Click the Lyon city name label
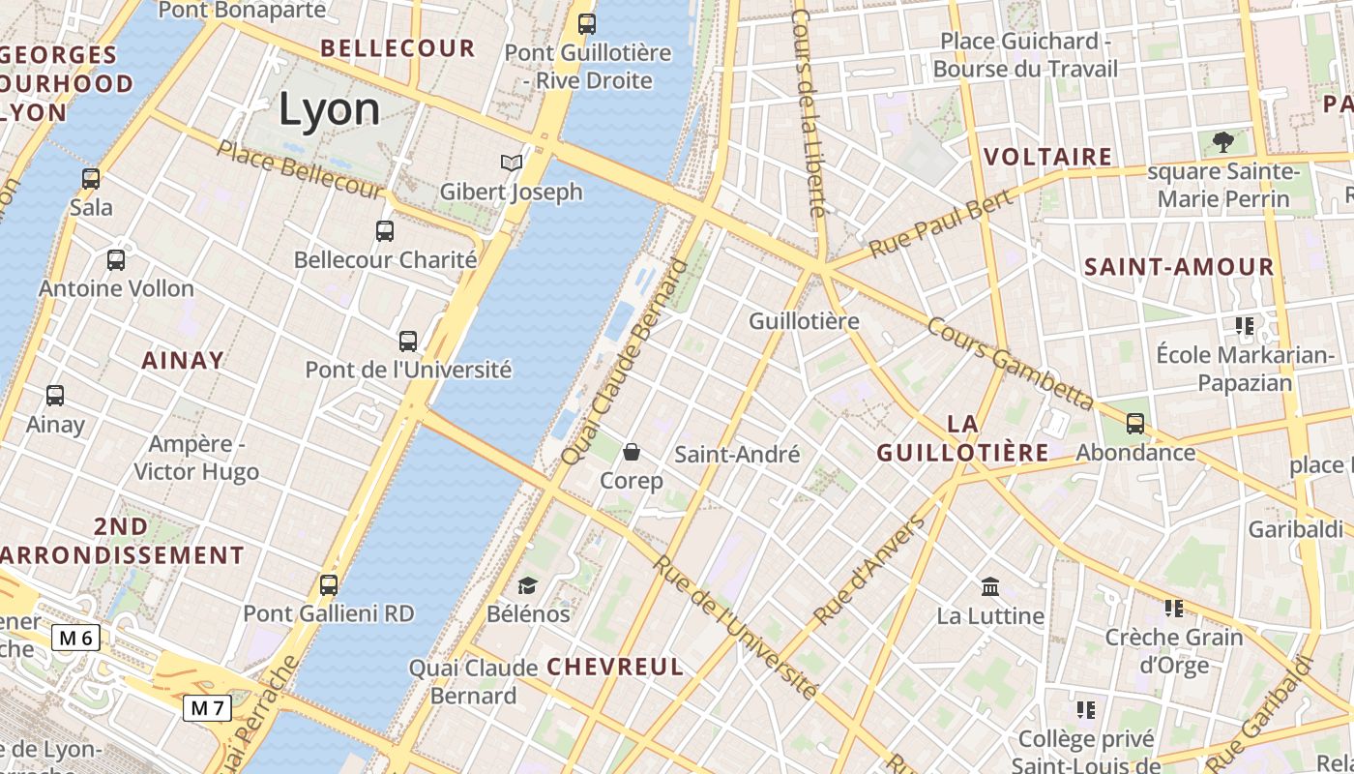pyautogui.click(x=330, y=109)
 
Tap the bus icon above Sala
pyautogui.click(x=91, y=179)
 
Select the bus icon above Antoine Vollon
pyautogui.click(x=116, y=260)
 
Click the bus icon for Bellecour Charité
pyautogui.click(x=385, y=231)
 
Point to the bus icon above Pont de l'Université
pyautogui.click(x=408, y=342)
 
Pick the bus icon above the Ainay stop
pyautogui.click(x=55, y=396)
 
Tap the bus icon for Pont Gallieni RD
pyautogui.click(x=329, y=585)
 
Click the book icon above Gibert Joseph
pyautogui.click(x=511, y=164)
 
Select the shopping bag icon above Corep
pyautogui.click(x=632, y=452)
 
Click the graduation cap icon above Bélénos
pyautogui.click(x=527, y=585)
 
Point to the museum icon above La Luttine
pyautogui.click(x=990, y=587)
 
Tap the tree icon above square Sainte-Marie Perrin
pyautogui.click(x=1223, y=143)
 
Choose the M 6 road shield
pyautogui.click(x=76, y=638)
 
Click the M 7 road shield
pyautogui.click(x=208, y=708)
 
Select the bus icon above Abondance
pyautogui.click(x=1135, y=424)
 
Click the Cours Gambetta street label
pyautogui.click(x=1010, y=363)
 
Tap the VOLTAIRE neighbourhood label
pyautogui.click(x=1047, y=157)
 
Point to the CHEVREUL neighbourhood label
pyautogui.click(x=615, y=667)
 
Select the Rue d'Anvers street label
pyautogui.click(x=868, y=570)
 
